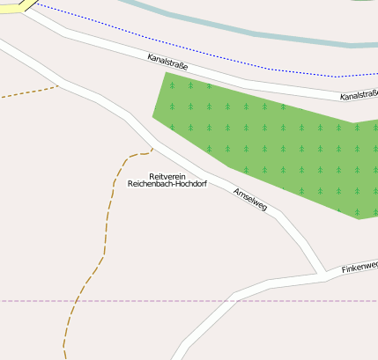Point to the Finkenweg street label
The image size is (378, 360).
359,266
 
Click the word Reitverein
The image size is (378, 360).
167,177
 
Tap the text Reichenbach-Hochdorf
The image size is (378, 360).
167,185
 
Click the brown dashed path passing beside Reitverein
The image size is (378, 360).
110,202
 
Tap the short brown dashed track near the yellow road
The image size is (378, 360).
26,93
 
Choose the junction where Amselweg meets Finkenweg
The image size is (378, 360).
319,275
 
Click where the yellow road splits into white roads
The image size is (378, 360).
33,7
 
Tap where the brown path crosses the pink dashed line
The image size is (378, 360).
77,301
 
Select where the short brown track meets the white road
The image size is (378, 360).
59,85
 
